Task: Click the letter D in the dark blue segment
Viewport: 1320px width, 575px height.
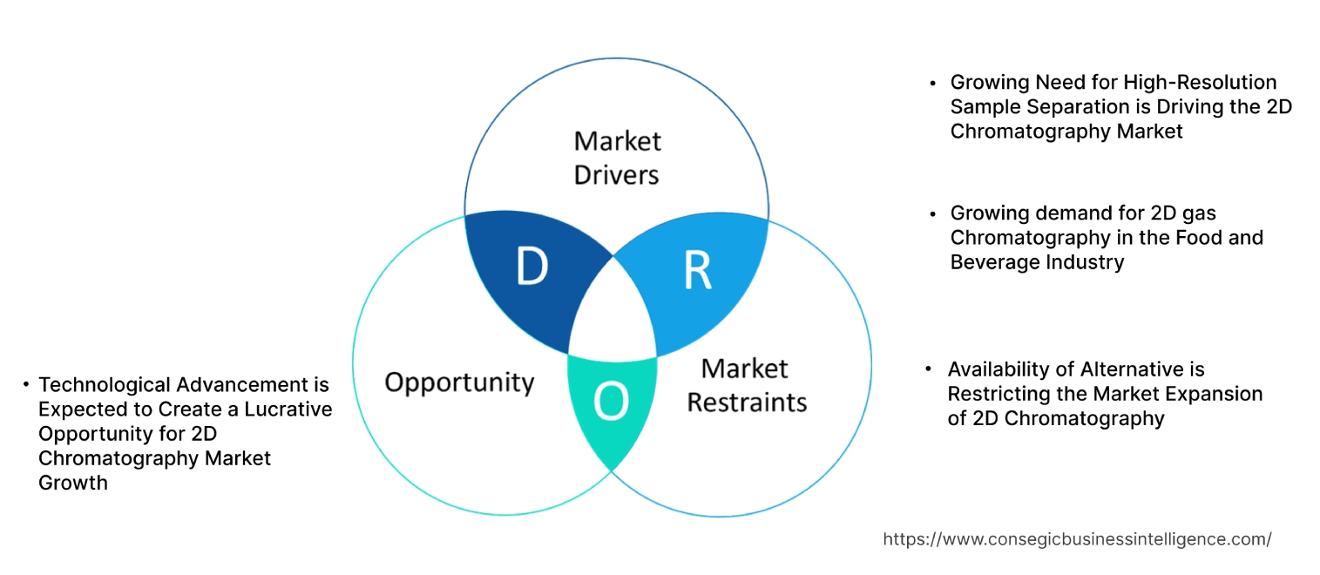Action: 531,267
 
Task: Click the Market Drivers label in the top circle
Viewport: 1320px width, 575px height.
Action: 617,158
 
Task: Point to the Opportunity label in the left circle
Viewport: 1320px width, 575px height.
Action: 459,382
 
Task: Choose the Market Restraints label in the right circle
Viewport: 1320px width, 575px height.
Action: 747,385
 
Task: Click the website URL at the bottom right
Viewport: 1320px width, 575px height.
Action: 1077,539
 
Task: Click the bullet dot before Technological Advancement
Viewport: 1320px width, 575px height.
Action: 28,384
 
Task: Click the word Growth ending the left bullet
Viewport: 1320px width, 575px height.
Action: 73,482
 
